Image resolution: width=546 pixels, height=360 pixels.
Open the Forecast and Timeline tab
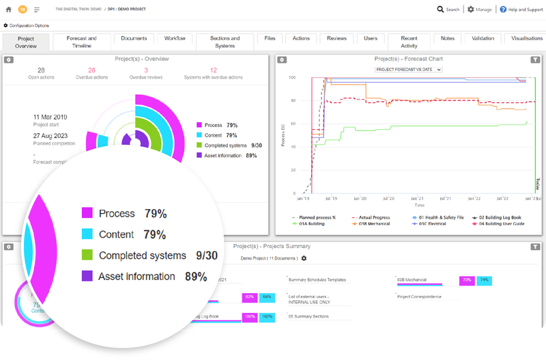[x=82, y=42]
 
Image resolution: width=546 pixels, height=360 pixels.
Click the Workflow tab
[x=175, y=38]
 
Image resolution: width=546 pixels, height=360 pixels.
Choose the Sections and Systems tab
[x=225, y=42]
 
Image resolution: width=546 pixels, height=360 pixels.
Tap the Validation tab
[x=483, y=38]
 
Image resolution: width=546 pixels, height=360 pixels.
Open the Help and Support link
[x=522, y=10]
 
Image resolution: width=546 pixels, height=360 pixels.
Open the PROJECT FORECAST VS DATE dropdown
[x=409, y=69]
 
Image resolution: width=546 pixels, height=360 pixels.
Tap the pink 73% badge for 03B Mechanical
[x=468, y=280]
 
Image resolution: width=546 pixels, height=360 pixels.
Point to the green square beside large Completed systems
[x=87, y=255]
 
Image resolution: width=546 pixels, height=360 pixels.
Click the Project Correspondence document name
[x=418, y=296]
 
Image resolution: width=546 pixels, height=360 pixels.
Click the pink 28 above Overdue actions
[x=91, y=70]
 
